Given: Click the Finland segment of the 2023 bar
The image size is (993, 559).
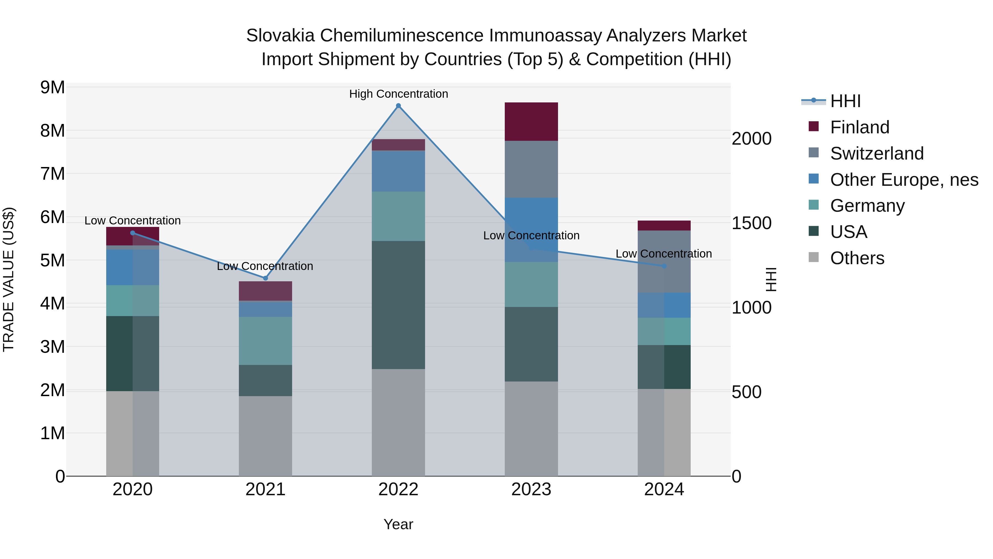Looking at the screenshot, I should click(x=531, y=121).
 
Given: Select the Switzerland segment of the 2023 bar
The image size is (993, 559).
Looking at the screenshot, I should click(x=531, y=169).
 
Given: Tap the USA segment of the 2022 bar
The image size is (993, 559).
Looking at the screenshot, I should click(x=398, y=305).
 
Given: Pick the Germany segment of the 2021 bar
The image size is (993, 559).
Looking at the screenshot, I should click(x=265, y=341).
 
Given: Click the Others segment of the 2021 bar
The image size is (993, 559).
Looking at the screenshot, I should click(x=265, y=436).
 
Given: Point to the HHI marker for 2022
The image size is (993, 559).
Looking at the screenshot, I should click(x=399, y=106).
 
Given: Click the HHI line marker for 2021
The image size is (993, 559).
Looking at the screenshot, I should click(x=265, y=278).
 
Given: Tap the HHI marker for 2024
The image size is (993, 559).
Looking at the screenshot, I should click(x=664, y=266).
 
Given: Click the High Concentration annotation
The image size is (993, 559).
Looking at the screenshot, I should click(x=399, y=94).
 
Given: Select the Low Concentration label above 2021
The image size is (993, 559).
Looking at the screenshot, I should click(x=265, y=266).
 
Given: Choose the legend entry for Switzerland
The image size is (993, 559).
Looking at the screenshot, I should click(x=877, y=153).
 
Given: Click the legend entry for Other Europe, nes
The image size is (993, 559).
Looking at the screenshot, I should click(x=904, y=180).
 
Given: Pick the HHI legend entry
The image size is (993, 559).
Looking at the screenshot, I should click(x=845, y=101).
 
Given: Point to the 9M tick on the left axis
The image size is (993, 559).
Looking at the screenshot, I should click(x=53, y=88).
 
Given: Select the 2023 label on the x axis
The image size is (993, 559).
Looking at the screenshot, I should click(x=531, y=489).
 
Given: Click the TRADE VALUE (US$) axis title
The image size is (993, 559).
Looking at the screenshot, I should click(x=9, y=279).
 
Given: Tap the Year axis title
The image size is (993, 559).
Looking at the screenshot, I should click(x=398, y=524).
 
